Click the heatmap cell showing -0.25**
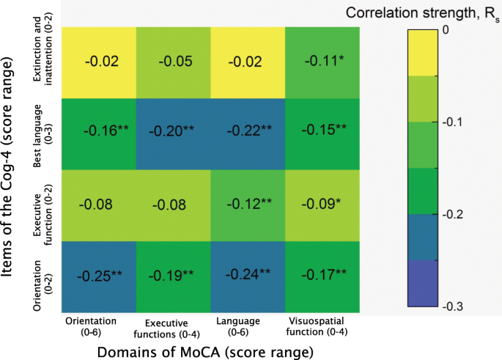pyautogui.click(x=97, y=276)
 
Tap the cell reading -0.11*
pyautogui.click(x=322, y=62)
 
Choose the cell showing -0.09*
pyautogui.click(x=322, y=205)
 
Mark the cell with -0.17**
pyautogui.click(x=322, y=276)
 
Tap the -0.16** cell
pyautogui.click(x=97, y=133)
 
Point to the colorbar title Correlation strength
pyautogui.click(x=418, y=12)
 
